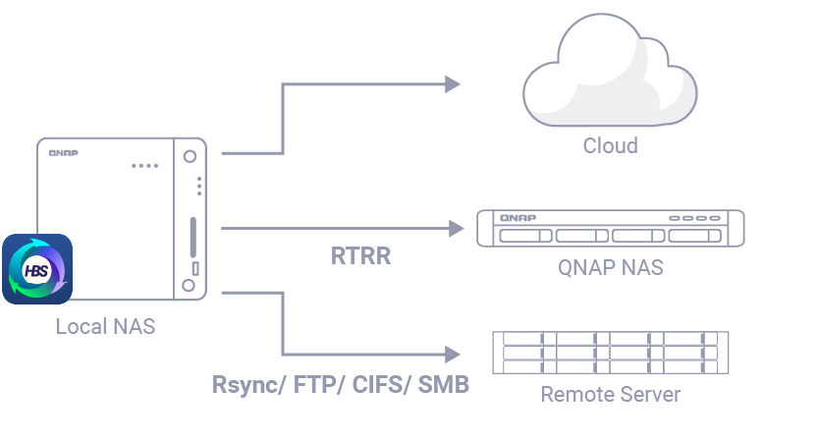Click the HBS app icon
click(37, 268)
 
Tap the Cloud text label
click(610, 146)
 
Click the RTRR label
click(360, 256)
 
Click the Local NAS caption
click(105, 326)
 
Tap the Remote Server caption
click(610, 395)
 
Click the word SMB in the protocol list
click(443, 384)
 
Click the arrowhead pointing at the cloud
click(453, 84)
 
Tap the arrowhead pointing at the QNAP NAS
click(456, 229)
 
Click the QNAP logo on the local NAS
click(63, 152)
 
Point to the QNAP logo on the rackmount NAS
click(517, 218)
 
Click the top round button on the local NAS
click(190, 155)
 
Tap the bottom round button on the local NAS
click(190, 287)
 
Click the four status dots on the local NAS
click(144, 165)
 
